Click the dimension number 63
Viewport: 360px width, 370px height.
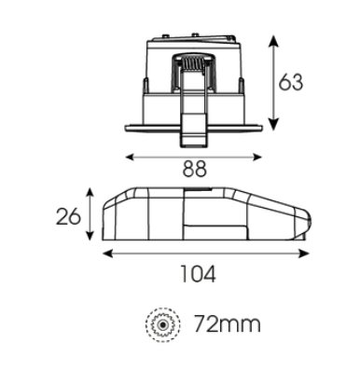point(291,82)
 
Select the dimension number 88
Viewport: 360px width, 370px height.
point(195,170)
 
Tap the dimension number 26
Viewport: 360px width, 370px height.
point(68,216)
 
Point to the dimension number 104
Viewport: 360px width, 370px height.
point(198,274)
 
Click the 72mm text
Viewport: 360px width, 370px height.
point(228,323)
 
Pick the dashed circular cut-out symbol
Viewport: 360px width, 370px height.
point(162,324)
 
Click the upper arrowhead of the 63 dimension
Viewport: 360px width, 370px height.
point(273,41)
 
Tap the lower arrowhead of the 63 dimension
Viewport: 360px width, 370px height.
point(273,124)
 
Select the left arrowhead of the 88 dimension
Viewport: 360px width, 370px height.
point(130,158)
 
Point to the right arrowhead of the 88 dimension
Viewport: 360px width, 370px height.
point(257,158)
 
